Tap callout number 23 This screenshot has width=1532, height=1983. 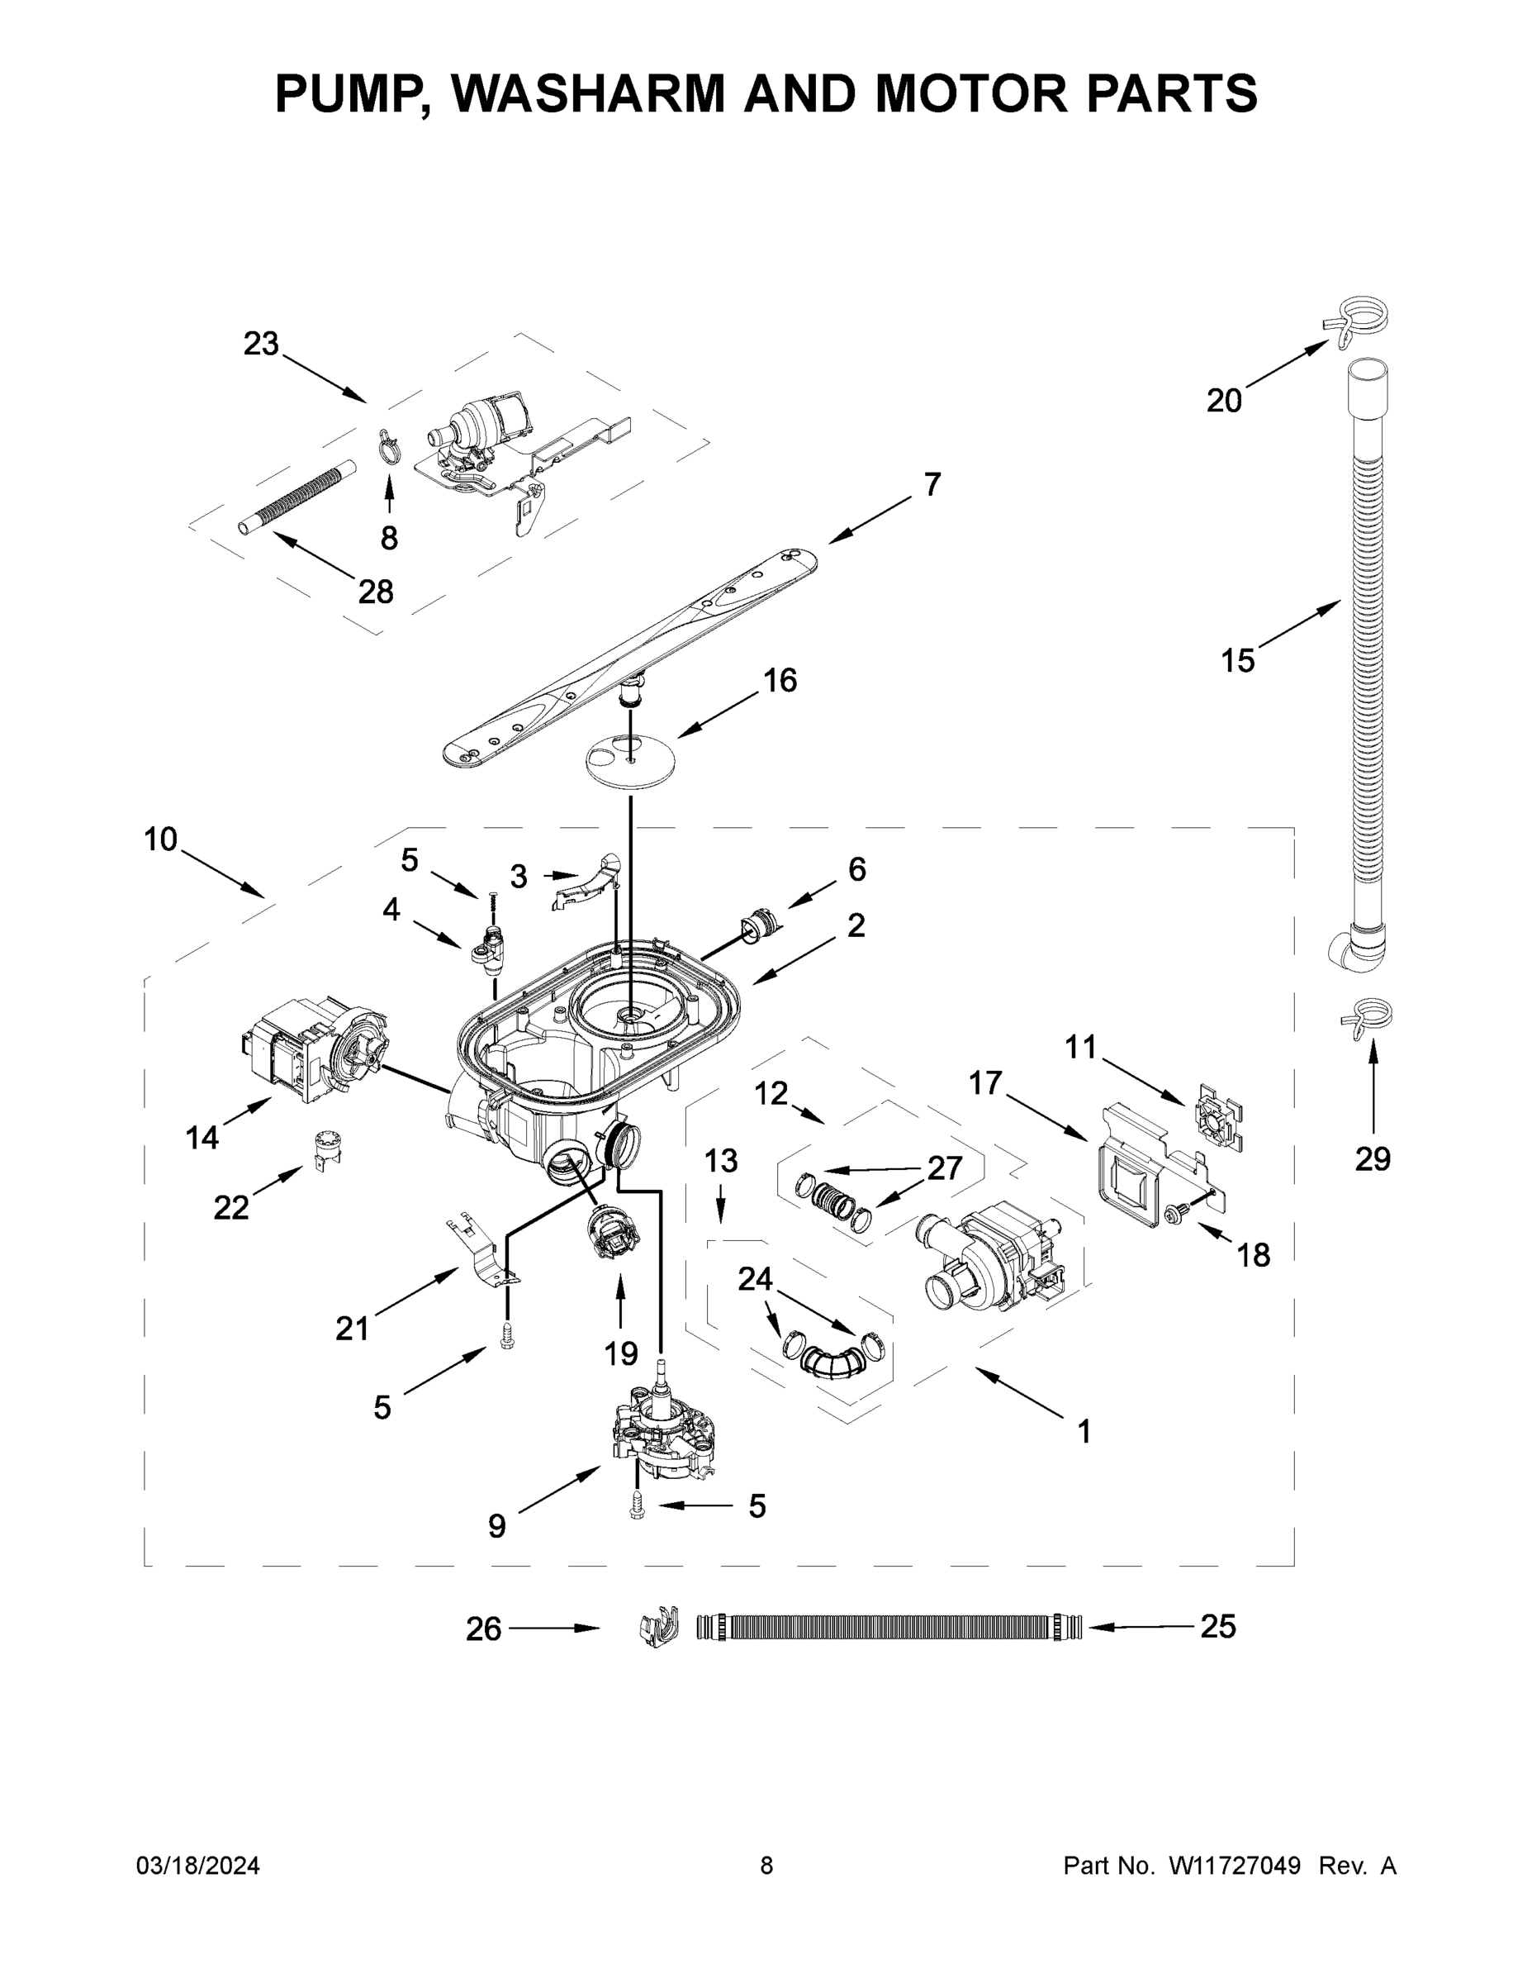260,344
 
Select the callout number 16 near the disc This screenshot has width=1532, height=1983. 779,680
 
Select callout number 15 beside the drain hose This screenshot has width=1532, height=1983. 1236,661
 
